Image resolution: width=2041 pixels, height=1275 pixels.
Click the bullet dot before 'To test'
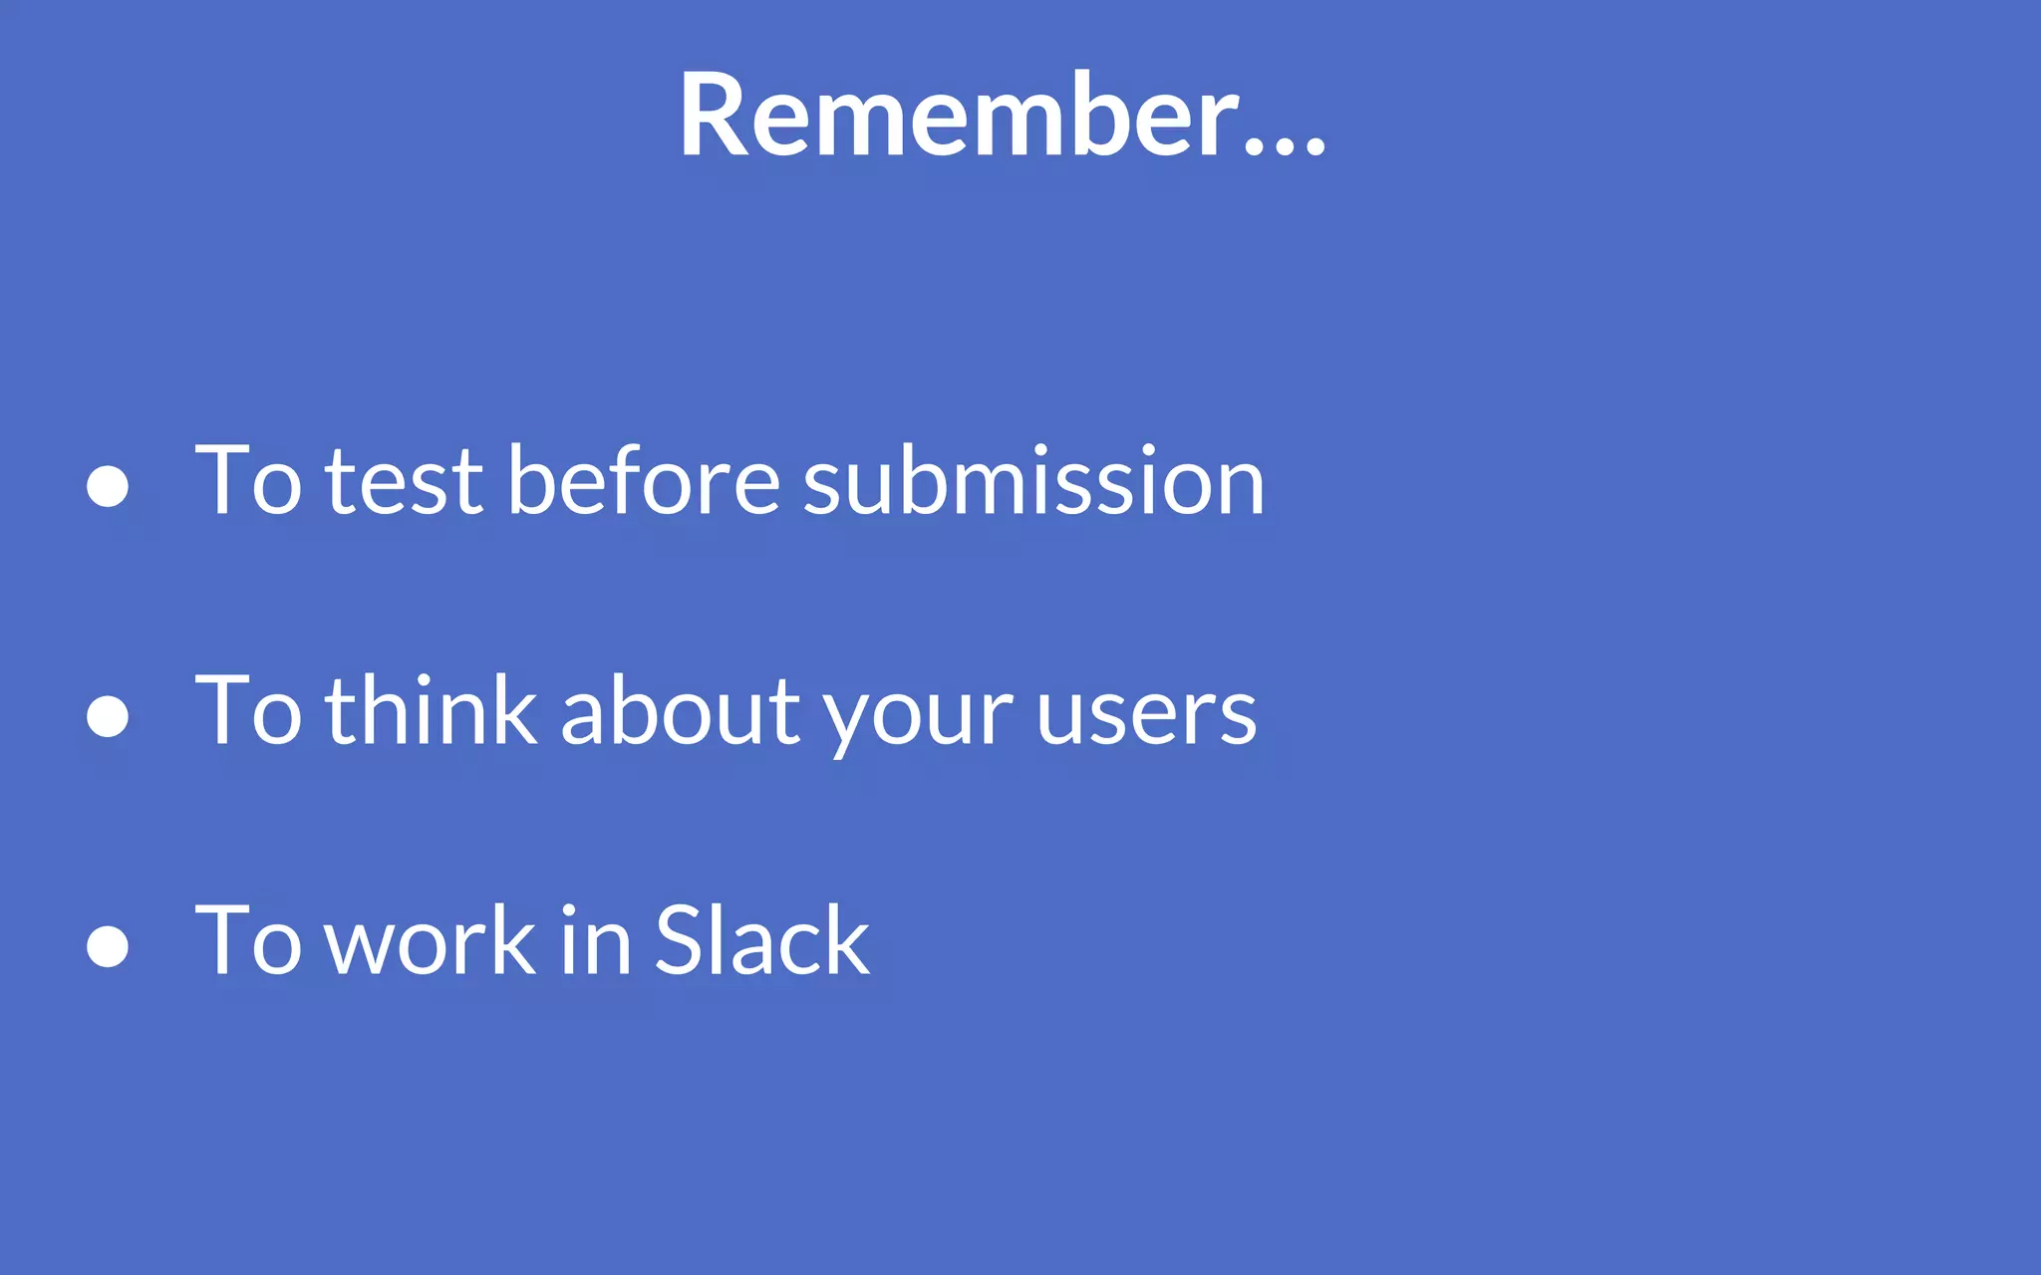coord(108,486)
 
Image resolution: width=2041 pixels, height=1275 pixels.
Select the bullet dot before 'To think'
coord(108,715)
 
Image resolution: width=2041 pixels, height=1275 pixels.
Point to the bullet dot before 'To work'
coord(108,945)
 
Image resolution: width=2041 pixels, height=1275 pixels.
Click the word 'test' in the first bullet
coord(404,483)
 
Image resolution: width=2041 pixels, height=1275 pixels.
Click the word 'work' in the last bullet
coord(432,941)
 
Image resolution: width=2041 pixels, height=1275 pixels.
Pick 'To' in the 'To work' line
coord(247,941)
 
